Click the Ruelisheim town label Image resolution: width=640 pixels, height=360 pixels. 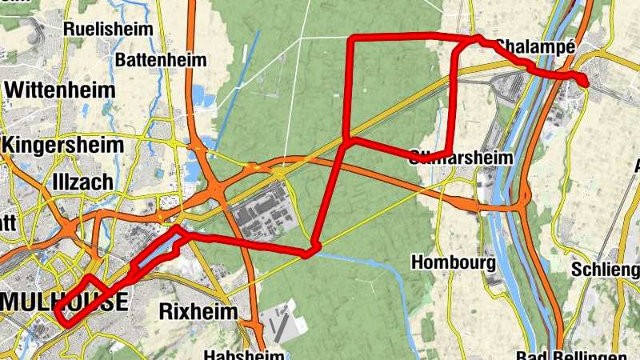pyautogui.click(x=109, y=29)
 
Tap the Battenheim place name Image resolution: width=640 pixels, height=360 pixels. pyautogui.click(x=161, y=60)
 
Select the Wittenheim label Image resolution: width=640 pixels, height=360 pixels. pyautogui.click(x=59, y=90)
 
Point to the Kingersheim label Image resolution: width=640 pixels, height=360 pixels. pyautogui.click(x=64, y=146)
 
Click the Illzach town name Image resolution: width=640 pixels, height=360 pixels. pyautogui.click(x=82, y=182)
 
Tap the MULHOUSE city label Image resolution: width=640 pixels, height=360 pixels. pyautogui.click(x=64, y=302)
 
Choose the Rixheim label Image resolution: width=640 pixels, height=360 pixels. pyautogui.click(x=200, y=310)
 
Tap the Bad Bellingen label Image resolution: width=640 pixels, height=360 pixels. pyautogui.click(x=560, y=354)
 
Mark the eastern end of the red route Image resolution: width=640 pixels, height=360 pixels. pyautogui.click(x=586, y=82)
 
